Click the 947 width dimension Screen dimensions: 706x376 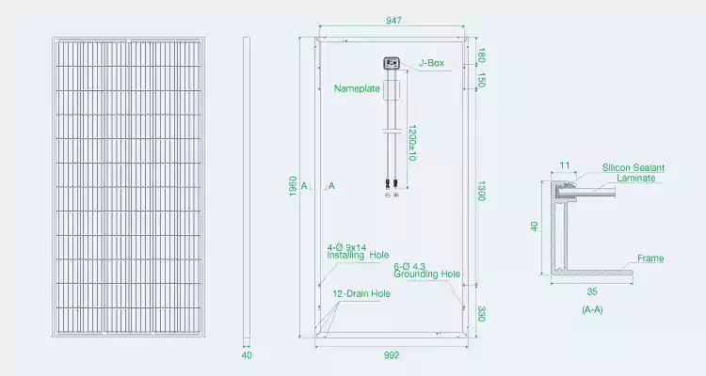393,21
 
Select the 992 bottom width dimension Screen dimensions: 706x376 392,355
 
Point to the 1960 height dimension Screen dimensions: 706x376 293,186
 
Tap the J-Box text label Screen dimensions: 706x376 431,63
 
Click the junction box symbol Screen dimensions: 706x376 392,63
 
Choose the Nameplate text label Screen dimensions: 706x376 357,88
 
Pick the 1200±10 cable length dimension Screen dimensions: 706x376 411,143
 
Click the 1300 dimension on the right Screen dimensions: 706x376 481,191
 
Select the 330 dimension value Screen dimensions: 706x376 481,314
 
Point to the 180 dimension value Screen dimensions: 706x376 481,55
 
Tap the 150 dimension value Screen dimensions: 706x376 481,80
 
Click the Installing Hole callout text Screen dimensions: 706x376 358,255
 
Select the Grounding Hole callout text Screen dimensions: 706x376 426,274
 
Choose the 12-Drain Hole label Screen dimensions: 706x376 361,293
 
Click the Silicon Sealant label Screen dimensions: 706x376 634,167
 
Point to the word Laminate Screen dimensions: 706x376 636,178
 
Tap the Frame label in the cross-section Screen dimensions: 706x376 650,258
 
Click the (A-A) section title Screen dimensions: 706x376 592,309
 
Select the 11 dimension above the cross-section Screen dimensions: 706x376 565,165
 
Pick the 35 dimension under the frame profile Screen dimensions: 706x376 592,292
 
